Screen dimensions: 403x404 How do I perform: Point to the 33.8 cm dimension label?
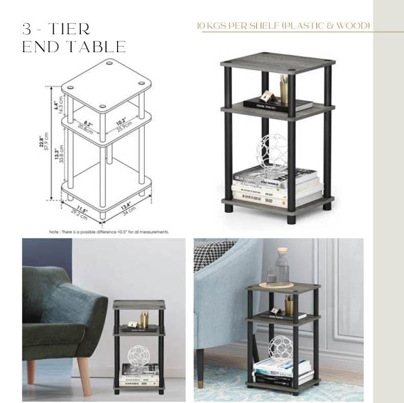pyautogui.click(x=61, y=152)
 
